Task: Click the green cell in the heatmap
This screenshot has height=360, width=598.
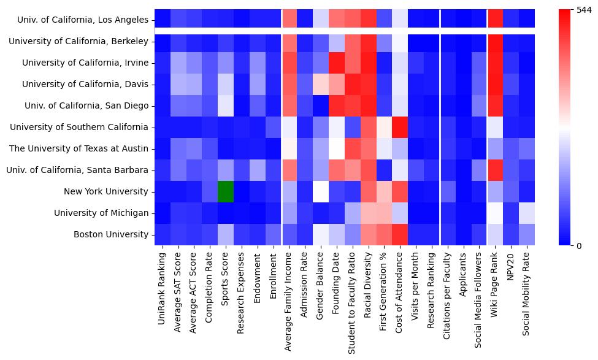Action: pyautogui.click(x=226, y=191)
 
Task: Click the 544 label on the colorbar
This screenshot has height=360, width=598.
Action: pyautogui.click(x=585, y=10)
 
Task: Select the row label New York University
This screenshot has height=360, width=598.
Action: pyautogui.click(x=106, y=191)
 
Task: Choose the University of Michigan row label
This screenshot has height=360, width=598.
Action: pyautogui.click(x=101, y=213)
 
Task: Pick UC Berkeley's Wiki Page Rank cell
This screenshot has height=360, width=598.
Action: pyautogui.click(x=495, y=41)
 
